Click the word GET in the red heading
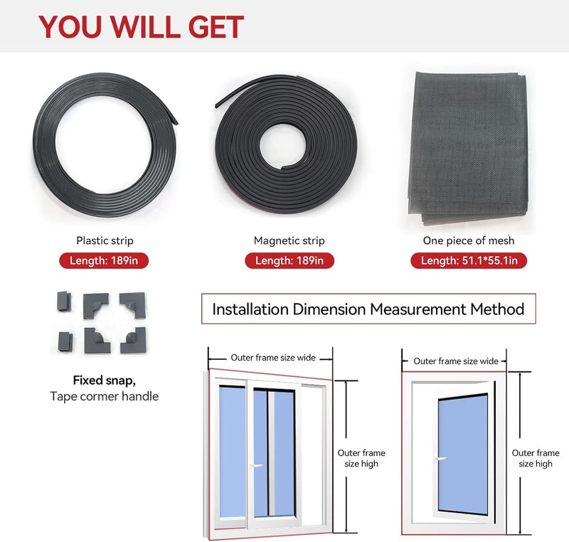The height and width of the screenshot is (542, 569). tap(216, 27)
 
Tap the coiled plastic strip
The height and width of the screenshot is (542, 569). tap(43, 145)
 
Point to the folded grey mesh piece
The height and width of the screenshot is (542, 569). tap(468, 148)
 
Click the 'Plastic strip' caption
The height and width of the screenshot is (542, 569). tap(105, 240)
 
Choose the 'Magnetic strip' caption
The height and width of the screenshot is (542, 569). tap(289, 240)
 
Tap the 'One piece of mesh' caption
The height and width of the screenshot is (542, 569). tap(469, 240)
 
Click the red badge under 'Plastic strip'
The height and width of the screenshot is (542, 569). tap(104, 260)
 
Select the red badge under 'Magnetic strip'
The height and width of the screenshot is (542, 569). tap(289, 260)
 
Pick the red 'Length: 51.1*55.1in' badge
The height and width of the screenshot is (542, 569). tap(469, 260)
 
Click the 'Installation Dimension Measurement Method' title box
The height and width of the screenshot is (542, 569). tap(368, 309)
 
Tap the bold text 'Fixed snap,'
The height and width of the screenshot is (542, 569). tap(104, 381)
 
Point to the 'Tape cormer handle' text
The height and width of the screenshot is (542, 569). tap(104, 396)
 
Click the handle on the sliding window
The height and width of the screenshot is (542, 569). tap(257, 465)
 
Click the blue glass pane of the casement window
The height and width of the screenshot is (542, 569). tap(463, 454)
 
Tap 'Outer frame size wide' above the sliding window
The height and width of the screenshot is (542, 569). tap(273, 358)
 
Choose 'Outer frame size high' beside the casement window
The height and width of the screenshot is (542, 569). tap(536, 458)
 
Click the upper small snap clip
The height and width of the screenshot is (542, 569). tap(64, 301)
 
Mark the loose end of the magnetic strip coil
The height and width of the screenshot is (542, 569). tap(218, 105)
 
